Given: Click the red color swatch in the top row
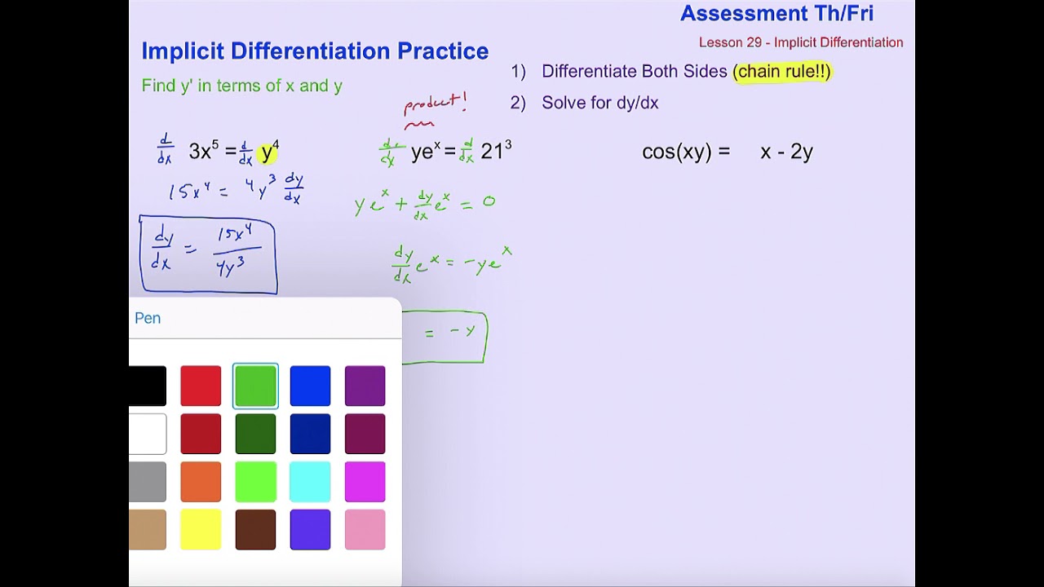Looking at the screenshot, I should click(201, 386).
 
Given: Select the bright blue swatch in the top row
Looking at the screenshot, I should click(310, 386).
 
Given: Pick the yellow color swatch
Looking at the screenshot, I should click(201, 530).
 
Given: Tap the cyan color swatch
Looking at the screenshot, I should click(310, 482).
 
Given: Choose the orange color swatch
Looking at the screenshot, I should click(201, 482).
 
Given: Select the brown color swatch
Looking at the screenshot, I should click(255, 530).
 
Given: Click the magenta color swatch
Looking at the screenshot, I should click(365, 482).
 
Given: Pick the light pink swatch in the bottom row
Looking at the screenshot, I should click(365, 530).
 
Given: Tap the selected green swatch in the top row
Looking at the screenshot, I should click(255, 386).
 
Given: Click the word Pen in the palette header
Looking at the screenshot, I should click(148, 318).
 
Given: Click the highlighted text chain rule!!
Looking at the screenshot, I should click(782, 72).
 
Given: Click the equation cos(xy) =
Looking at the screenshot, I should click(686, 152).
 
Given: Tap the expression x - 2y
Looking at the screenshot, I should click(786, 152).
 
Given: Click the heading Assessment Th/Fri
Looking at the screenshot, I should click(776, 13).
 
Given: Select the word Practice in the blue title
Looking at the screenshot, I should click(443, 51).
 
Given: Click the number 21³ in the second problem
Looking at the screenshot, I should click(496, 151).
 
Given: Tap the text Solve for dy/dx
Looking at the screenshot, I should click(599, 103).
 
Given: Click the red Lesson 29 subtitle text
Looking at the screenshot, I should click(801, 42).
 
